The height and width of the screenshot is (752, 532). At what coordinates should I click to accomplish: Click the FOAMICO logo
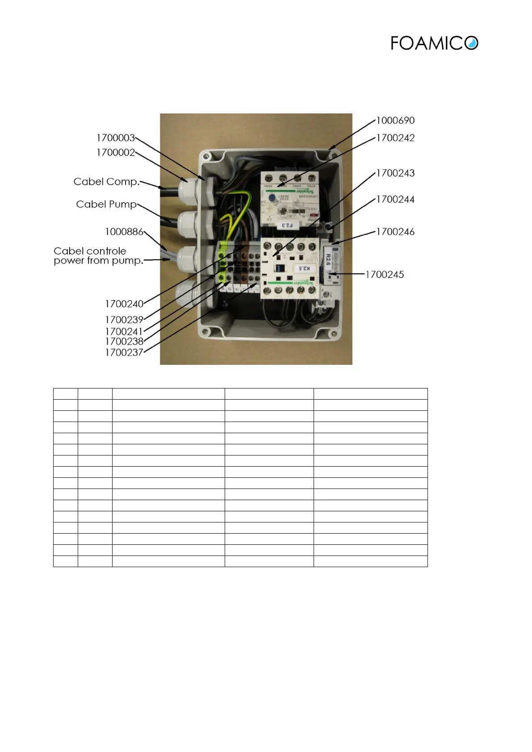pos(434,43)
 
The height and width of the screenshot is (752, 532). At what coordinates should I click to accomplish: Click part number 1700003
pos(116,138)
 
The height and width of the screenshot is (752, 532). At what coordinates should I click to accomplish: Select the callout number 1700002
pos(116,153)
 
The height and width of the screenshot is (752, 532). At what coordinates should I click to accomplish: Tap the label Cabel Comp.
pos(106,182)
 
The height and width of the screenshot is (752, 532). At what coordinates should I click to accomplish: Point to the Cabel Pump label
pos(106,205)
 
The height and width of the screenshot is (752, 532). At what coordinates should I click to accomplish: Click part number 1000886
pos(124,232)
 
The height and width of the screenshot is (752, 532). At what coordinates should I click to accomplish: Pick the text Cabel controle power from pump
pos(98,256)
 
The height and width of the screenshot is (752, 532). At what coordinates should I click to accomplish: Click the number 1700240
pos(124,304)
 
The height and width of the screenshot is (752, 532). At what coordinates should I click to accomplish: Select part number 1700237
pos(124,353)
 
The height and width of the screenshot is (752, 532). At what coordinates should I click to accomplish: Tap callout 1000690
pos(395,121)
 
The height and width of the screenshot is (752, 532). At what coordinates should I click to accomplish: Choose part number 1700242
pos(395,138)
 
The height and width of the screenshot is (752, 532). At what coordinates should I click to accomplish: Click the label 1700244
pos(395,200)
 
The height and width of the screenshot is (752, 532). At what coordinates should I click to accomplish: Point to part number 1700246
pos(395,232)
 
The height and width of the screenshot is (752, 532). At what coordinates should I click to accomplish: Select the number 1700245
pos(385,275)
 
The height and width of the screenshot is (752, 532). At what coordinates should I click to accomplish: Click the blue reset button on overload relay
pos(272,197)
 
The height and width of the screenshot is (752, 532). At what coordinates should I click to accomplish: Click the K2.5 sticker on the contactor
pos(304,268)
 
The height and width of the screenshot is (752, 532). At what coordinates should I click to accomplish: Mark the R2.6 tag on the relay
pos(328,259)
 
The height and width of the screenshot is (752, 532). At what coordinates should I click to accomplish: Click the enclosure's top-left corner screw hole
pos(206,156)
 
